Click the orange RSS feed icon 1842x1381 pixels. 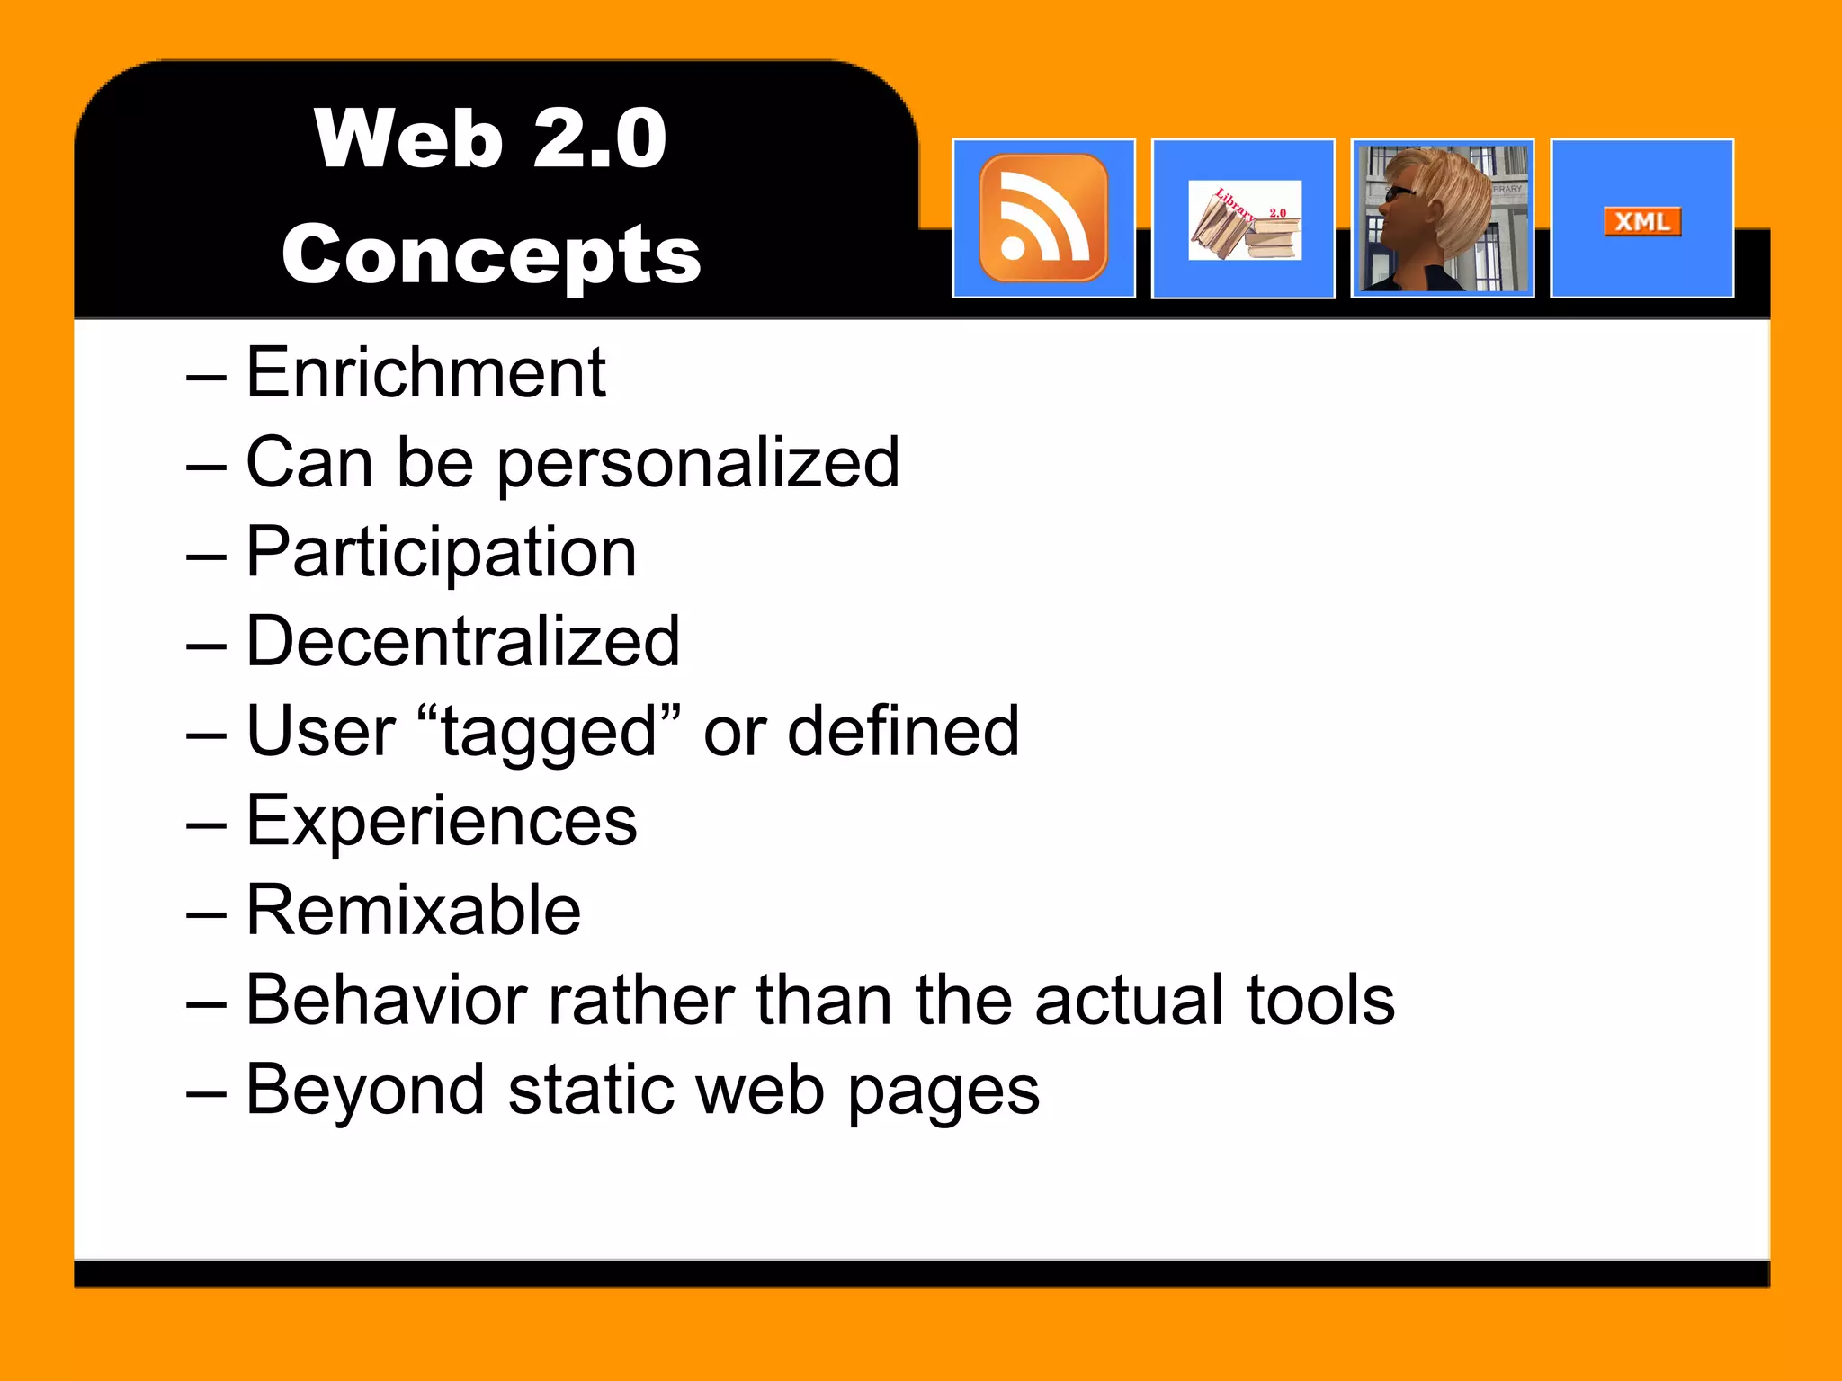pyautogui.click(x=1043, y=218)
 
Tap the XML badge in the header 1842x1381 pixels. pyautogui.click(x=1641, y=221)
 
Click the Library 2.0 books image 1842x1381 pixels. pyautogui.click(x=1244, y=220)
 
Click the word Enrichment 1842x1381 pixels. pyautogui.click(x=425, y=372)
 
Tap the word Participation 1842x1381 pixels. pyautogui.click(x=441, y=553)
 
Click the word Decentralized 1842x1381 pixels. pyautogui.click(x=462, y=641)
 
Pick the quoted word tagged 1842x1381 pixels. pyautogui.click(x=550, y=733)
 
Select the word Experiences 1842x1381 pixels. pyautogui.click(x=441, y=821)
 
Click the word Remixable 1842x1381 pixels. pyautogui.click(x=413, y=910)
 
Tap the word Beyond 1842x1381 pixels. pyautogui.click(x=364, y=1091)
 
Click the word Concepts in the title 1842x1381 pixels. pyautogui.click(x=491, y=255)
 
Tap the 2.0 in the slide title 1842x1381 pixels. pyautogui.click(x=599, y=138)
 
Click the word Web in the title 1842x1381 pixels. pyautogui.click(x=408, y=138)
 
